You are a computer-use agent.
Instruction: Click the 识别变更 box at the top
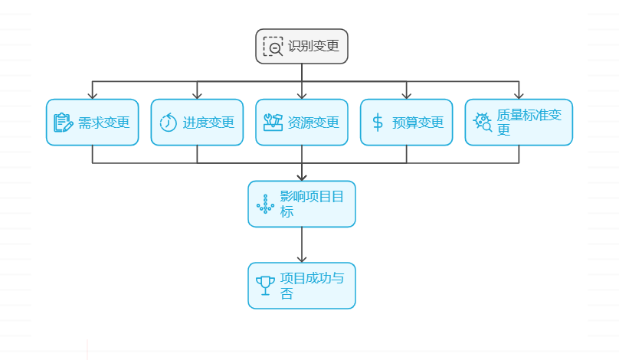pyautogui.click(x=302, y=46)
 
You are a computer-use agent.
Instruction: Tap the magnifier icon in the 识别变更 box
pyautogui.click(x=273, y=46)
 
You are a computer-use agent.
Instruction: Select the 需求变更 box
pyautogui.click(x=93, y=122)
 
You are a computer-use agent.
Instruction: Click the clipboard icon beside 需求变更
pyautogui.click(x=63, y=122)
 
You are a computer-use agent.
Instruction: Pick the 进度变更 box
pyautogui.click(x=197, y=122)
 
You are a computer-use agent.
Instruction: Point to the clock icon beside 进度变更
pyautogui.click(x=168, y=122)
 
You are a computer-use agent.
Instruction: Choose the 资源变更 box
pyautogui.click(x=302, y=122)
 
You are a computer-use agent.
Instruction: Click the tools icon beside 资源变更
pyautogui.click(x=273, y=122)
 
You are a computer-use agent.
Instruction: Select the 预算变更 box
pyautogui.click(x=406, y=122)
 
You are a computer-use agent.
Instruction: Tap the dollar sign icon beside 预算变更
pyautogui.click(x=378, y=122)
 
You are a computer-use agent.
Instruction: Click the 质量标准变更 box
pyautogui.click(x=519, y=122)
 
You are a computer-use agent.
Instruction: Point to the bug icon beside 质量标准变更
pyautogui.click(x=483, y=122)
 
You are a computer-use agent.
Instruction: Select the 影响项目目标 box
pyautogui.click(x=302, y=204)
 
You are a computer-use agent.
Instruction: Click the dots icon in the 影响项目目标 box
pyautogui.click(x=265, y=204)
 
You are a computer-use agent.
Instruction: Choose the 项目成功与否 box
pyautogui.click(x=302, y=286)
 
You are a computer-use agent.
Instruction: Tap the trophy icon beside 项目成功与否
pyautogui.click(x=265, y=286)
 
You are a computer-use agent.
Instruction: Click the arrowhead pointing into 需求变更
pyautogui.click(x=93, y=95)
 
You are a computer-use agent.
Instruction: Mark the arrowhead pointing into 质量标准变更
pyautogui.click(x=519, y=95)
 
